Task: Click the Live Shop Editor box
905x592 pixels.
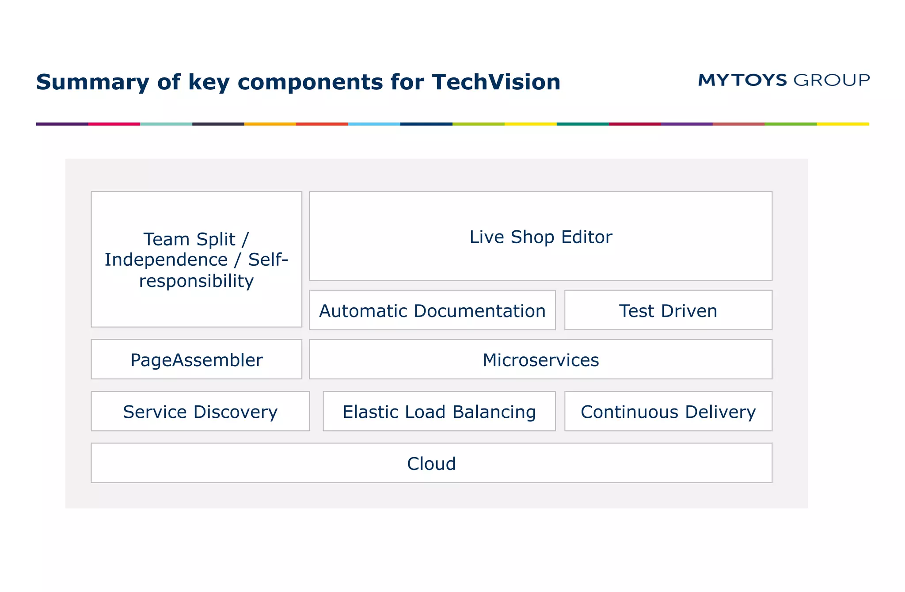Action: (x=540, y=237)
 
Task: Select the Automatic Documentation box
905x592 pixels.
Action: (x=432, y=311)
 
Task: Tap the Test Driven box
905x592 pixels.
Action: (x=668, y=311)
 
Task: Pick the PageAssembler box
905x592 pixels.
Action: (x=196, y=360)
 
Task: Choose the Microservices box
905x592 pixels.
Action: (x=540, y=360)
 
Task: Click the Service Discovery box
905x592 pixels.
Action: (x=200, y=412)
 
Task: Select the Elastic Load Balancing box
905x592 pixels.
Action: (x=439, y=412)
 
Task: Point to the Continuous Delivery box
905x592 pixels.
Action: (x=668, y=412)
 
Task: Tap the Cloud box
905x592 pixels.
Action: (x=431, y=463)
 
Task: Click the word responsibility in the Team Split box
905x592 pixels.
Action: (x=196, y=281)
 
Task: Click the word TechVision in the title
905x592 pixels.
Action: (x=496, y=82)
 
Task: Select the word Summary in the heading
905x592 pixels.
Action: (x=93, y=82)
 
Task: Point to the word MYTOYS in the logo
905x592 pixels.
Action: (x=742, y=80)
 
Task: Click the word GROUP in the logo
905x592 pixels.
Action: (x=831, y=80)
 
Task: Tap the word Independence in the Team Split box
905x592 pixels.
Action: (x=166, y=260)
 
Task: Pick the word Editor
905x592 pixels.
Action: (x=586, y=237)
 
